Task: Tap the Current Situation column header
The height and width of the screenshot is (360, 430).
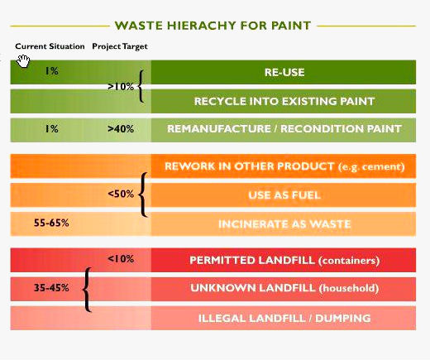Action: tap(50, 46)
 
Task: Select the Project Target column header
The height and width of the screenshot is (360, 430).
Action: tap(120, 46)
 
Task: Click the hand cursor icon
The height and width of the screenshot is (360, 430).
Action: tap(23, 61)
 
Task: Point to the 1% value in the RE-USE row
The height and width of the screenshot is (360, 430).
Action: tap(51, 71)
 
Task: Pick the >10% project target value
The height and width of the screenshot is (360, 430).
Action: tap(121, 87)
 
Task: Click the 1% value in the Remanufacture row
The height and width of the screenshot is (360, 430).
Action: tap(51, 128)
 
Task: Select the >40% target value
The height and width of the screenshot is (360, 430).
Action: tap(121, 128)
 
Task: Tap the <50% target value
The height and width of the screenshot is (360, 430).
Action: tap(121, 194)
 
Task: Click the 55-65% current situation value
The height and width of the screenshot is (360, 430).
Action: tap(51, 223)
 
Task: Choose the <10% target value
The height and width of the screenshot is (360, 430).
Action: tap(121, 259)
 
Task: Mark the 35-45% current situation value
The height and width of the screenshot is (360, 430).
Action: tap(51, 288)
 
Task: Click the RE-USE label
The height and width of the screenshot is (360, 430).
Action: tap(284, 72)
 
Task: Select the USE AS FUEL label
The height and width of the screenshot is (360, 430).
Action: tap(284, 195)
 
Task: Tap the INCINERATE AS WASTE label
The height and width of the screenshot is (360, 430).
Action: tap(284, 223)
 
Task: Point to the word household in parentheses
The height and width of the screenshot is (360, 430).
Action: tap(349, 288)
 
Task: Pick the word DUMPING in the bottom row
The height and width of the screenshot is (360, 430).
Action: tap(343, 319)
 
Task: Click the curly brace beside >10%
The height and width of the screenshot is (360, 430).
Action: tap(141, 86)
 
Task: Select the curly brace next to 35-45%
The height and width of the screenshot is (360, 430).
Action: tap(87, 290)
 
